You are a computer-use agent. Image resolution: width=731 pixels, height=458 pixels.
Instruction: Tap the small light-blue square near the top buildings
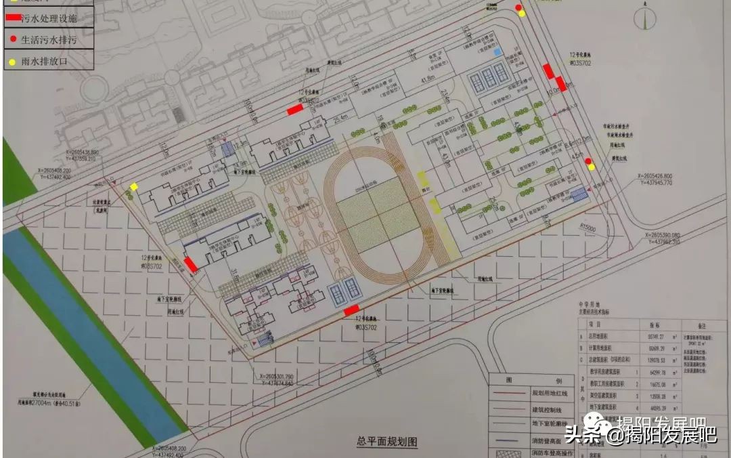pos(498,51)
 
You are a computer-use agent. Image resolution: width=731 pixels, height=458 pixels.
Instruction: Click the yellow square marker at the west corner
pos(134,187)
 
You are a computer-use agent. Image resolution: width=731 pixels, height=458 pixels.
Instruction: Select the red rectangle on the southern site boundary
pos(351,310)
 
